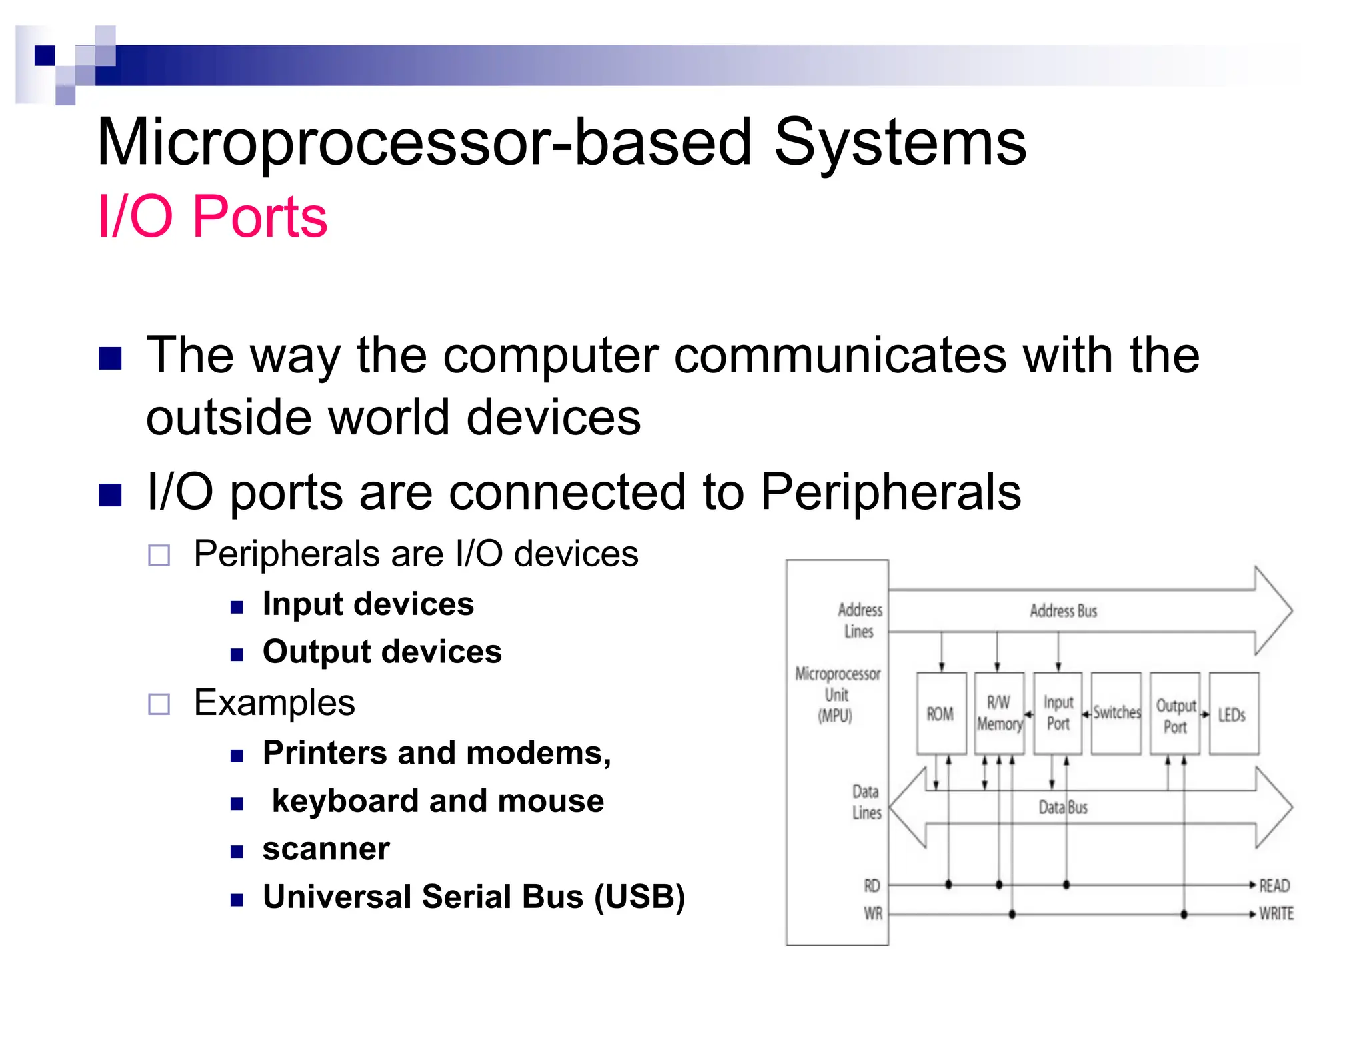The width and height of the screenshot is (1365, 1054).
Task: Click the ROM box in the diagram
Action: point(940,714)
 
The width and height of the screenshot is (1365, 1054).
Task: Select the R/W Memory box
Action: point(999,714)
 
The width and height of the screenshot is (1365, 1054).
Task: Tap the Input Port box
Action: point(1058,714)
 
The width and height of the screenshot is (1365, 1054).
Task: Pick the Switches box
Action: point(1116,713)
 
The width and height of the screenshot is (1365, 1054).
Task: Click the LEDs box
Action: point(1233,714)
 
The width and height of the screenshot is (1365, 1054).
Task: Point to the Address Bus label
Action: point(1063,611)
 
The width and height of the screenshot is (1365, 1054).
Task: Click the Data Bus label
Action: point(1063,807)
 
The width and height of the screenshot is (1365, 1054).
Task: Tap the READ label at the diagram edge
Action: point(1274,885)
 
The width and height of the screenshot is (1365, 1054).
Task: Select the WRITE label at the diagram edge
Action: point(1276,913)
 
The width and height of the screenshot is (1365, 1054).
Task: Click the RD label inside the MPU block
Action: point(872,885)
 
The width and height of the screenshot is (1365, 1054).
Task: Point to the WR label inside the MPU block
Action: point(873,913)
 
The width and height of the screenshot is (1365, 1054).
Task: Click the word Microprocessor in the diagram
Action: point(838,674)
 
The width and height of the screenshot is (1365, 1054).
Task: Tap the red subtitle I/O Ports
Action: point(212,217)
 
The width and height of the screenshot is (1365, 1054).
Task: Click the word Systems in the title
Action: point(900,142)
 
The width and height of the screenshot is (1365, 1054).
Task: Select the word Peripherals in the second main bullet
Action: point(890,492)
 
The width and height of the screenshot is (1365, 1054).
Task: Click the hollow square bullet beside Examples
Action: point(159,704)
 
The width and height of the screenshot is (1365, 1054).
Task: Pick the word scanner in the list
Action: point(326,849)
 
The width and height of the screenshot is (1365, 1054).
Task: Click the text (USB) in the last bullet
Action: point(639,897)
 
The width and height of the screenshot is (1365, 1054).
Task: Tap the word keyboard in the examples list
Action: point(344,801)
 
